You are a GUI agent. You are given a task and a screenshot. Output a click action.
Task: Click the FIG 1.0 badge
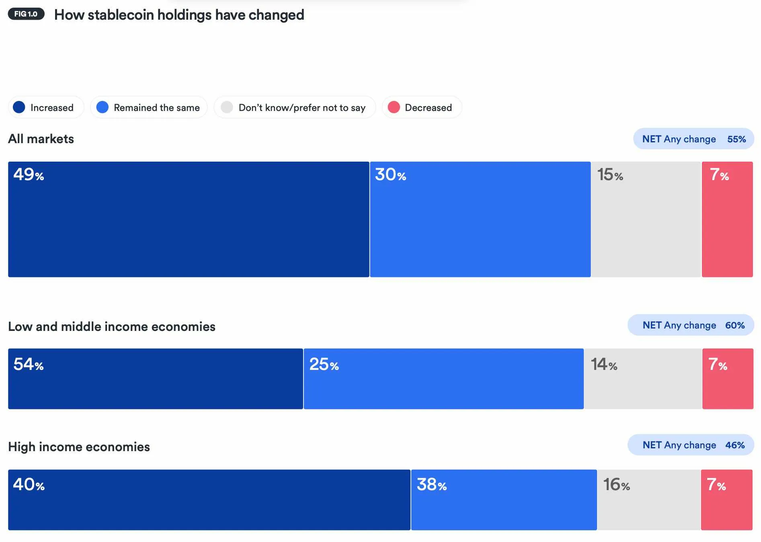26,14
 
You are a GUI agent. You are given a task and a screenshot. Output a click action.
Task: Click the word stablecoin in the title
121,15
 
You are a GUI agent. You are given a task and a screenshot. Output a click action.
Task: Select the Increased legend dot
19,107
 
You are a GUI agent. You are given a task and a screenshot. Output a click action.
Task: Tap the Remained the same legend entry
149,107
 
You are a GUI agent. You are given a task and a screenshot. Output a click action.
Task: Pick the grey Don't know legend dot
227,107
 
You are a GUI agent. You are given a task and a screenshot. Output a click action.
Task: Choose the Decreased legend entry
421,107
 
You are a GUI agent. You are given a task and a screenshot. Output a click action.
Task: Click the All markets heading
41,139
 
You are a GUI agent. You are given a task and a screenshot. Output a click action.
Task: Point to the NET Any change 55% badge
693,139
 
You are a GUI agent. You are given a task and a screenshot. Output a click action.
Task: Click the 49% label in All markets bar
28,175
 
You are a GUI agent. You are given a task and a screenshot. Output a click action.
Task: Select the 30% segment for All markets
480,219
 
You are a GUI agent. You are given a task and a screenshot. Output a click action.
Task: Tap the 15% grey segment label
610,175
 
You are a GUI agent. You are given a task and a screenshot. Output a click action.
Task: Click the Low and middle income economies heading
112,326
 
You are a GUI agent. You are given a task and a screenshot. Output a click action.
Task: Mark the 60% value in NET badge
735,325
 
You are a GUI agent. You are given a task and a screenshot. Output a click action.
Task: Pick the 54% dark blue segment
155,379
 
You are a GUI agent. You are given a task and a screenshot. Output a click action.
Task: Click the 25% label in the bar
324,365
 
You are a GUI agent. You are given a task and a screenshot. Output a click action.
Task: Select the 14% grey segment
643,379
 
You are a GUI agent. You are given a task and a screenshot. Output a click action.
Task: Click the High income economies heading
79,447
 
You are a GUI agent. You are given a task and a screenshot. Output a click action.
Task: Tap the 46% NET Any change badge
690,445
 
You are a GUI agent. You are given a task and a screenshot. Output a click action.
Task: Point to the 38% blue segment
504,500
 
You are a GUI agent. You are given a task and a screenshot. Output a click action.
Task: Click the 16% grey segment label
616,485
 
